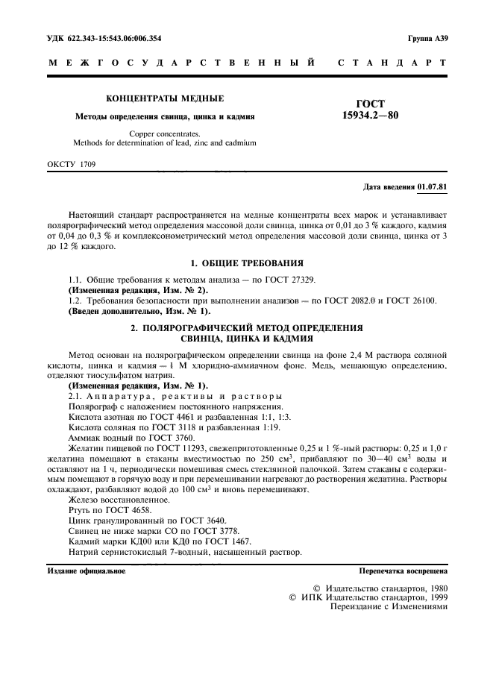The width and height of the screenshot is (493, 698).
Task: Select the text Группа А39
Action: pos(427,37)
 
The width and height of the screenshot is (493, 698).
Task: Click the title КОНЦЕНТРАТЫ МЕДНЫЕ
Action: pos(165,98)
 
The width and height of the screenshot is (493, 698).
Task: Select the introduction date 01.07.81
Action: pos(433,185)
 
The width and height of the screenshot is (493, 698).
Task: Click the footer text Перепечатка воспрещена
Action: pos(403,572)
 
